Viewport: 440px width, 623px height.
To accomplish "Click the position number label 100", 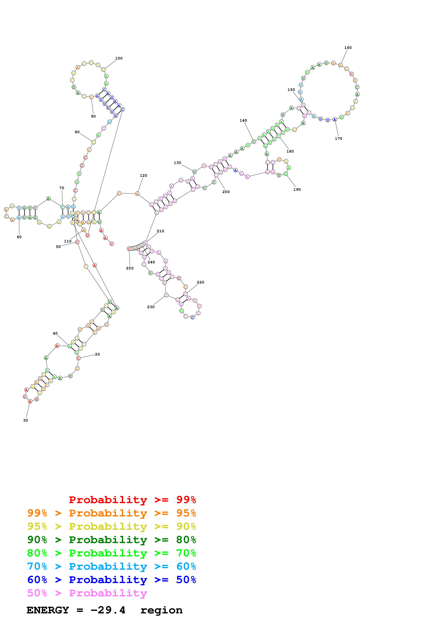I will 119,58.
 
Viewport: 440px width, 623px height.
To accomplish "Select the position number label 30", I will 26,420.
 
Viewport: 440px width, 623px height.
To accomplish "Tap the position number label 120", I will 143,176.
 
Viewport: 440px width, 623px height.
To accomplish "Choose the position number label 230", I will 151,307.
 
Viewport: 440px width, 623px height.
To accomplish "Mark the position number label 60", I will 19,237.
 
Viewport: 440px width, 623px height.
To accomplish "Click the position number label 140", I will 243,120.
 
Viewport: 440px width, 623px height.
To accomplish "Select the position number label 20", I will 97,354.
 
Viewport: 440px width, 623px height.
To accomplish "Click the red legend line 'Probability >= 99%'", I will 132,500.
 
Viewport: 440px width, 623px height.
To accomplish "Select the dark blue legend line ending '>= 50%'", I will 111,580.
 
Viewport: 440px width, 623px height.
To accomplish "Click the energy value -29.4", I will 108,610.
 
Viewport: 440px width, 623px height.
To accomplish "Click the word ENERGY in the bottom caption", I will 48,610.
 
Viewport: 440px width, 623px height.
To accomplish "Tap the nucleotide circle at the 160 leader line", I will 340,65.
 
